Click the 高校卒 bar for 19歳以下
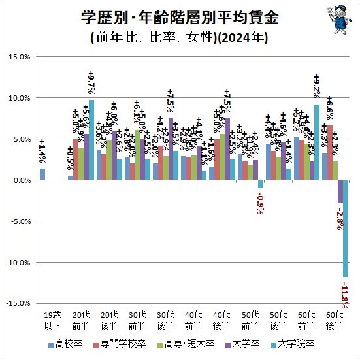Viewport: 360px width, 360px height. click(x=42, y=174)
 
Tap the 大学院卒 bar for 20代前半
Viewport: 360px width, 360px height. click(x=91, y=140)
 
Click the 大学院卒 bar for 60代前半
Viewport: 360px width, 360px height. click(x=317, y=142)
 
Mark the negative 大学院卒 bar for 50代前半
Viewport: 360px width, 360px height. click(x=260, y=184)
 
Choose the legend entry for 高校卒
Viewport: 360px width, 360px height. click(x=65, y=344)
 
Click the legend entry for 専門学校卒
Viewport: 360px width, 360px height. click(x=118, y=344)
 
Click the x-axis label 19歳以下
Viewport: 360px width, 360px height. click(x=48, y=319)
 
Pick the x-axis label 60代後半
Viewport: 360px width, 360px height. click(x=335, y=319)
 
